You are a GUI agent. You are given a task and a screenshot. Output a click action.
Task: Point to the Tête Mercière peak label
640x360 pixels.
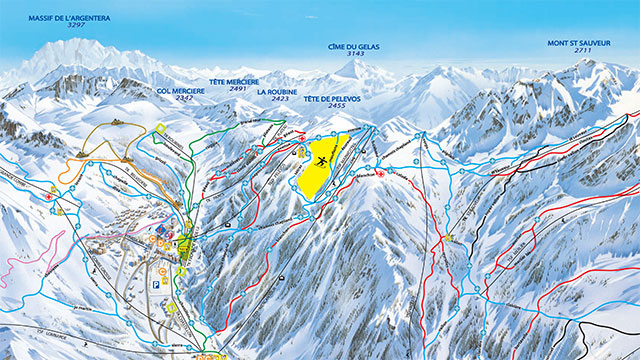(235, 81)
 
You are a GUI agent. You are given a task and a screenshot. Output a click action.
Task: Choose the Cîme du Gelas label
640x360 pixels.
(355, 46)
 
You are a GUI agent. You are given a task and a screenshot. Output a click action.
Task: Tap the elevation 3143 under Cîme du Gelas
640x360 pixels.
(355, 54)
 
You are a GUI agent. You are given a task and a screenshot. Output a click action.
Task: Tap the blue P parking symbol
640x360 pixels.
(155, 284)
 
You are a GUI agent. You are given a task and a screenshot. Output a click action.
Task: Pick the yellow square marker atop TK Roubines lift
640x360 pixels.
(161, 127)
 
